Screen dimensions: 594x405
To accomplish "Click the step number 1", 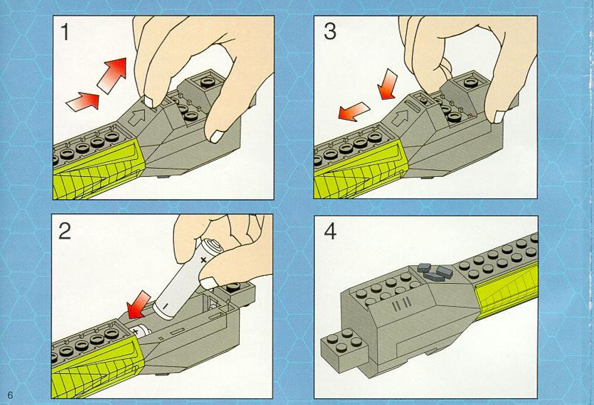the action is coord(65,32).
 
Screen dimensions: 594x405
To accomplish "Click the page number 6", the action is coord(10,395).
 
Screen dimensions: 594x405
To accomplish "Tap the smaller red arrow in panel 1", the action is coord(82,101).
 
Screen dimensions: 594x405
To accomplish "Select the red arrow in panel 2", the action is coord(138,304).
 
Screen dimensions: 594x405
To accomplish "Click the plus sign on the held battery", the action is coord(203,259).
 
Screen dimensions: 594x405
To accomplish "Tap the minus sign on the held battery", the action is coord(165,306).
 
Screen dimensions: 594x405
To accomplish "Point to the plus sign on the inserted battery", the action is coord(136,331).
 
